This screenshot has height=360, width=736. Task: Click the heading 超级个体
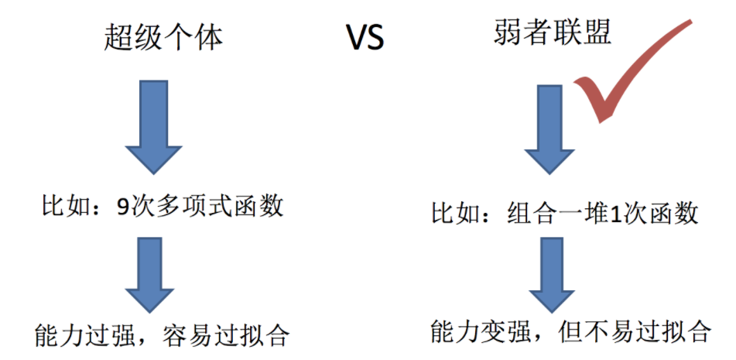point(163,38)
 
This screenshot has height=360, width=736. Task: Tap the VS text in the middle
point(365,38)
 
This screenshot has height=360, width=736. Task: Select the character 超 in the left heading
point(117,38)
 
